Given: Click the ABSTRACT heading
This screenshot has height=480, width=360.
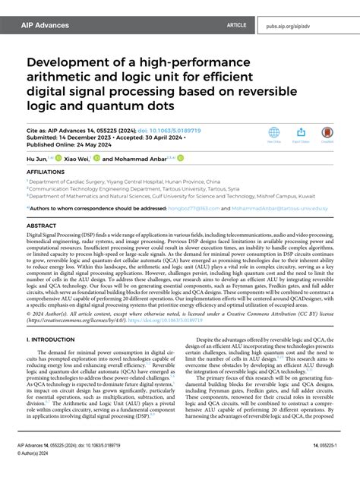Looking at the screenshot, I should (x=42, y=226).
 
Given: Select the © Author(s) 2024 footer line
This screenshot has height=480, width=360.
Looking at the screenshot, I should (x=45, y=469).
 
